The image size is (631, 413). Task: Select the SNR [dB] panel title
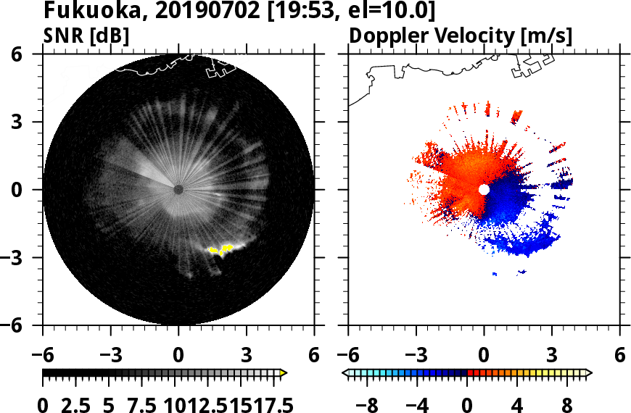pos(86,36)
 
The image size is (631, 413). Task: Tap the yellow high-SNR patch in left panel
pos(222,249)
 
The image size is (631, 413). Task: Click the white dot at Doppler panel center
pos(484,189)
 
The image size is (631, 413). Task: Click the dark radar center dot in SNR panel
pos(178,189)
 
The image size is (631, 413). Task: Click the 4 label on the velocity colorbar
pos(516,404)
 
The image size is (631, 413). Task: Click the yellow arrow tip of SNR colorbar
pos(284,373)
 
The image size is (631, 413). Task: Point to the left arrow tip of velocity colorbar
pos(345,373)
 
